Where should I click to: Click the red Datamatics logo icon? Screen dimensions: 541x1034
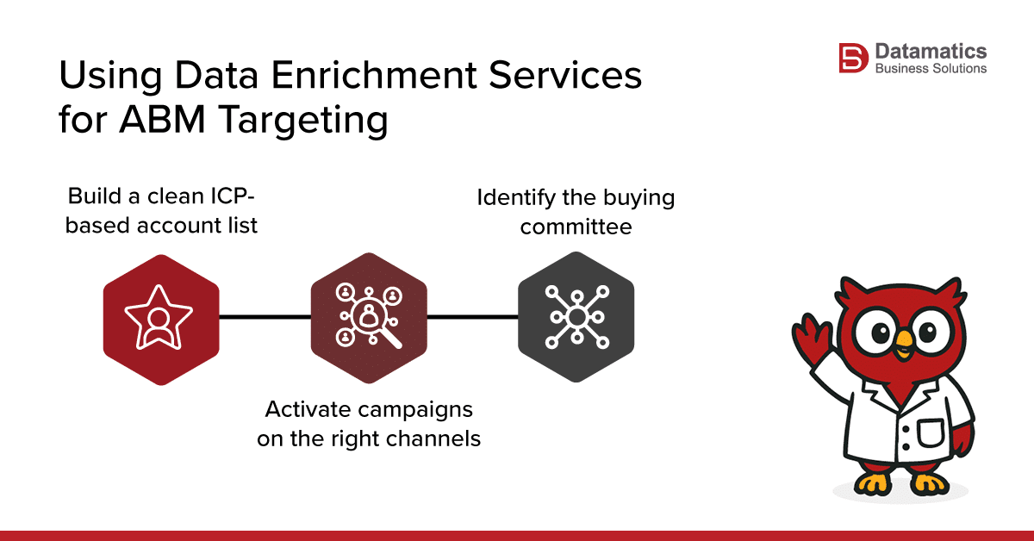coord(853,59)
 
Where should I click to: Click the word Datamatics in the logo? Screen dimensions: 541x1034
coord(931,52)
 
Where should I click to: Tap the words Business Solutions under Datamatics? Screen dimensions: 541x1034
coord(931,69)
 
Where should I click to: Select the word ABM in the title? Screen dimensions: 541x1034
coord(154,120)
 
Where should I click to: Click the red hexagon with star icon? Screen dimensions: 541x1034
coord(160,319)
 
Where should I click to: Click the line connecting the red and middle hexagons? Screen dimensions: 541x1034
coord(265,317)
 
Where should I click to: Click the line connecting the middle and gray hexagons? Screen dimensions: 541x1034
coord(472,317)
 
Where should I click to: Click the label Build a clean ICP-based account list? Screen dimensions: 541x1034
coord(163,211)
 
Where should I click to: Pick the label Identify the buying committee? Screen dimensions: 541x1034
coord(576,211)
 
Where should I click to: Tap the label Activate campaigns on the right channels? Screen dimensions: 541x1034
coord(369,423)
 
